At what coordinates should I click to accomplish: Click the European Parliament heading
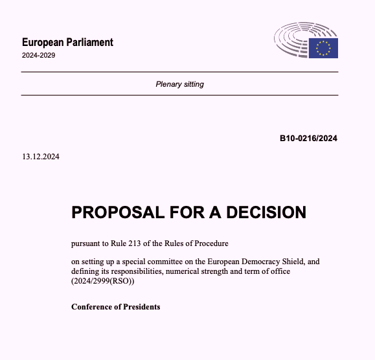(67, 43)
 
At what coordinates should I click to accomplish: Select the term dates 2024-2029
(39, 56)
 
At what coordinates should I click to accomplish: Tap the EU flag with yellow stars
(323, 47)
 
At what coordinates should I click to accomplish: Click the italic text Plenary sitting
(179, 84)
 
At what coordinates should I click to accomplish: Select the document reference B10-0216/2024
(308, 138)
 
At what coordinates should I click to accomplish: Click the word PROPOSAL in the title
(117, 212)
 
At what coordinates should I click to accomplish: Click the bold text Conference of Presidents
(115, 306)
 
